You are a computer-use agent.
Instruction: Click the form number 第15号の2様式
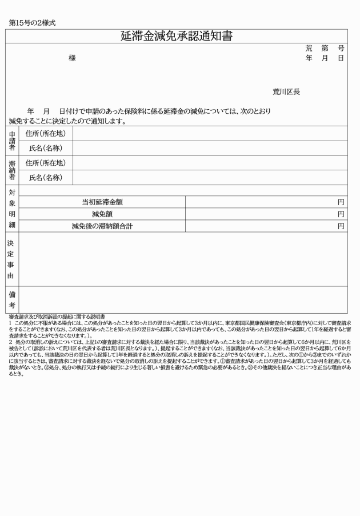[x=32, y=23]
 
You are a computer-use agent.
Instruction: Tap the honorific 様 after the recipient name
[x=72, y=58]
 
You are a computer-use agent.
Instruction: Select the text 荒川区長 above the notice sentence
[x=286, y=91]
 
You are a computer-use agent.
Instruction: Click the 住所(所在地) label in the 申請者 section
[x=46, y=134]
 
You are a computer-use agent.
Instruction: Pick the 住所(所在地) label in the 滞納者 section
[x=46, y=163]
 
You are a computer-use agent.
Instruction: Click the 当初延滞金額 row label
[x=102, y=202]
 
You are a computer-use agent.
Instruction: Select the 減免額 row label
[x=102, y=214]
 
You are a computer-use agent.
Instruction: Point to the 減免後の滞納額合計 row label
[x=102, y=226]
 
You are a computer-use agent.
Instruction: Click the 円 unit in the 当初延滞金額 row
[x=341, y=202]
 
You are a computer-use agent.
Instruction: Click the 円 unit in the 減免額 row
[x=341, y=214]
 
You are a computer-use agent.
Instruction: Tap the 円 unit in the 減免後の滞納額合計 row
[x=341, y=226]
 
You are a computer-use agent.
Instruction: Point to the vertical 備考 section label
[x=12, y=299]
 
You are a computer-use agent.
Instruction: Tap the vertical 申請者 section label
[x=12, y=141]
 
